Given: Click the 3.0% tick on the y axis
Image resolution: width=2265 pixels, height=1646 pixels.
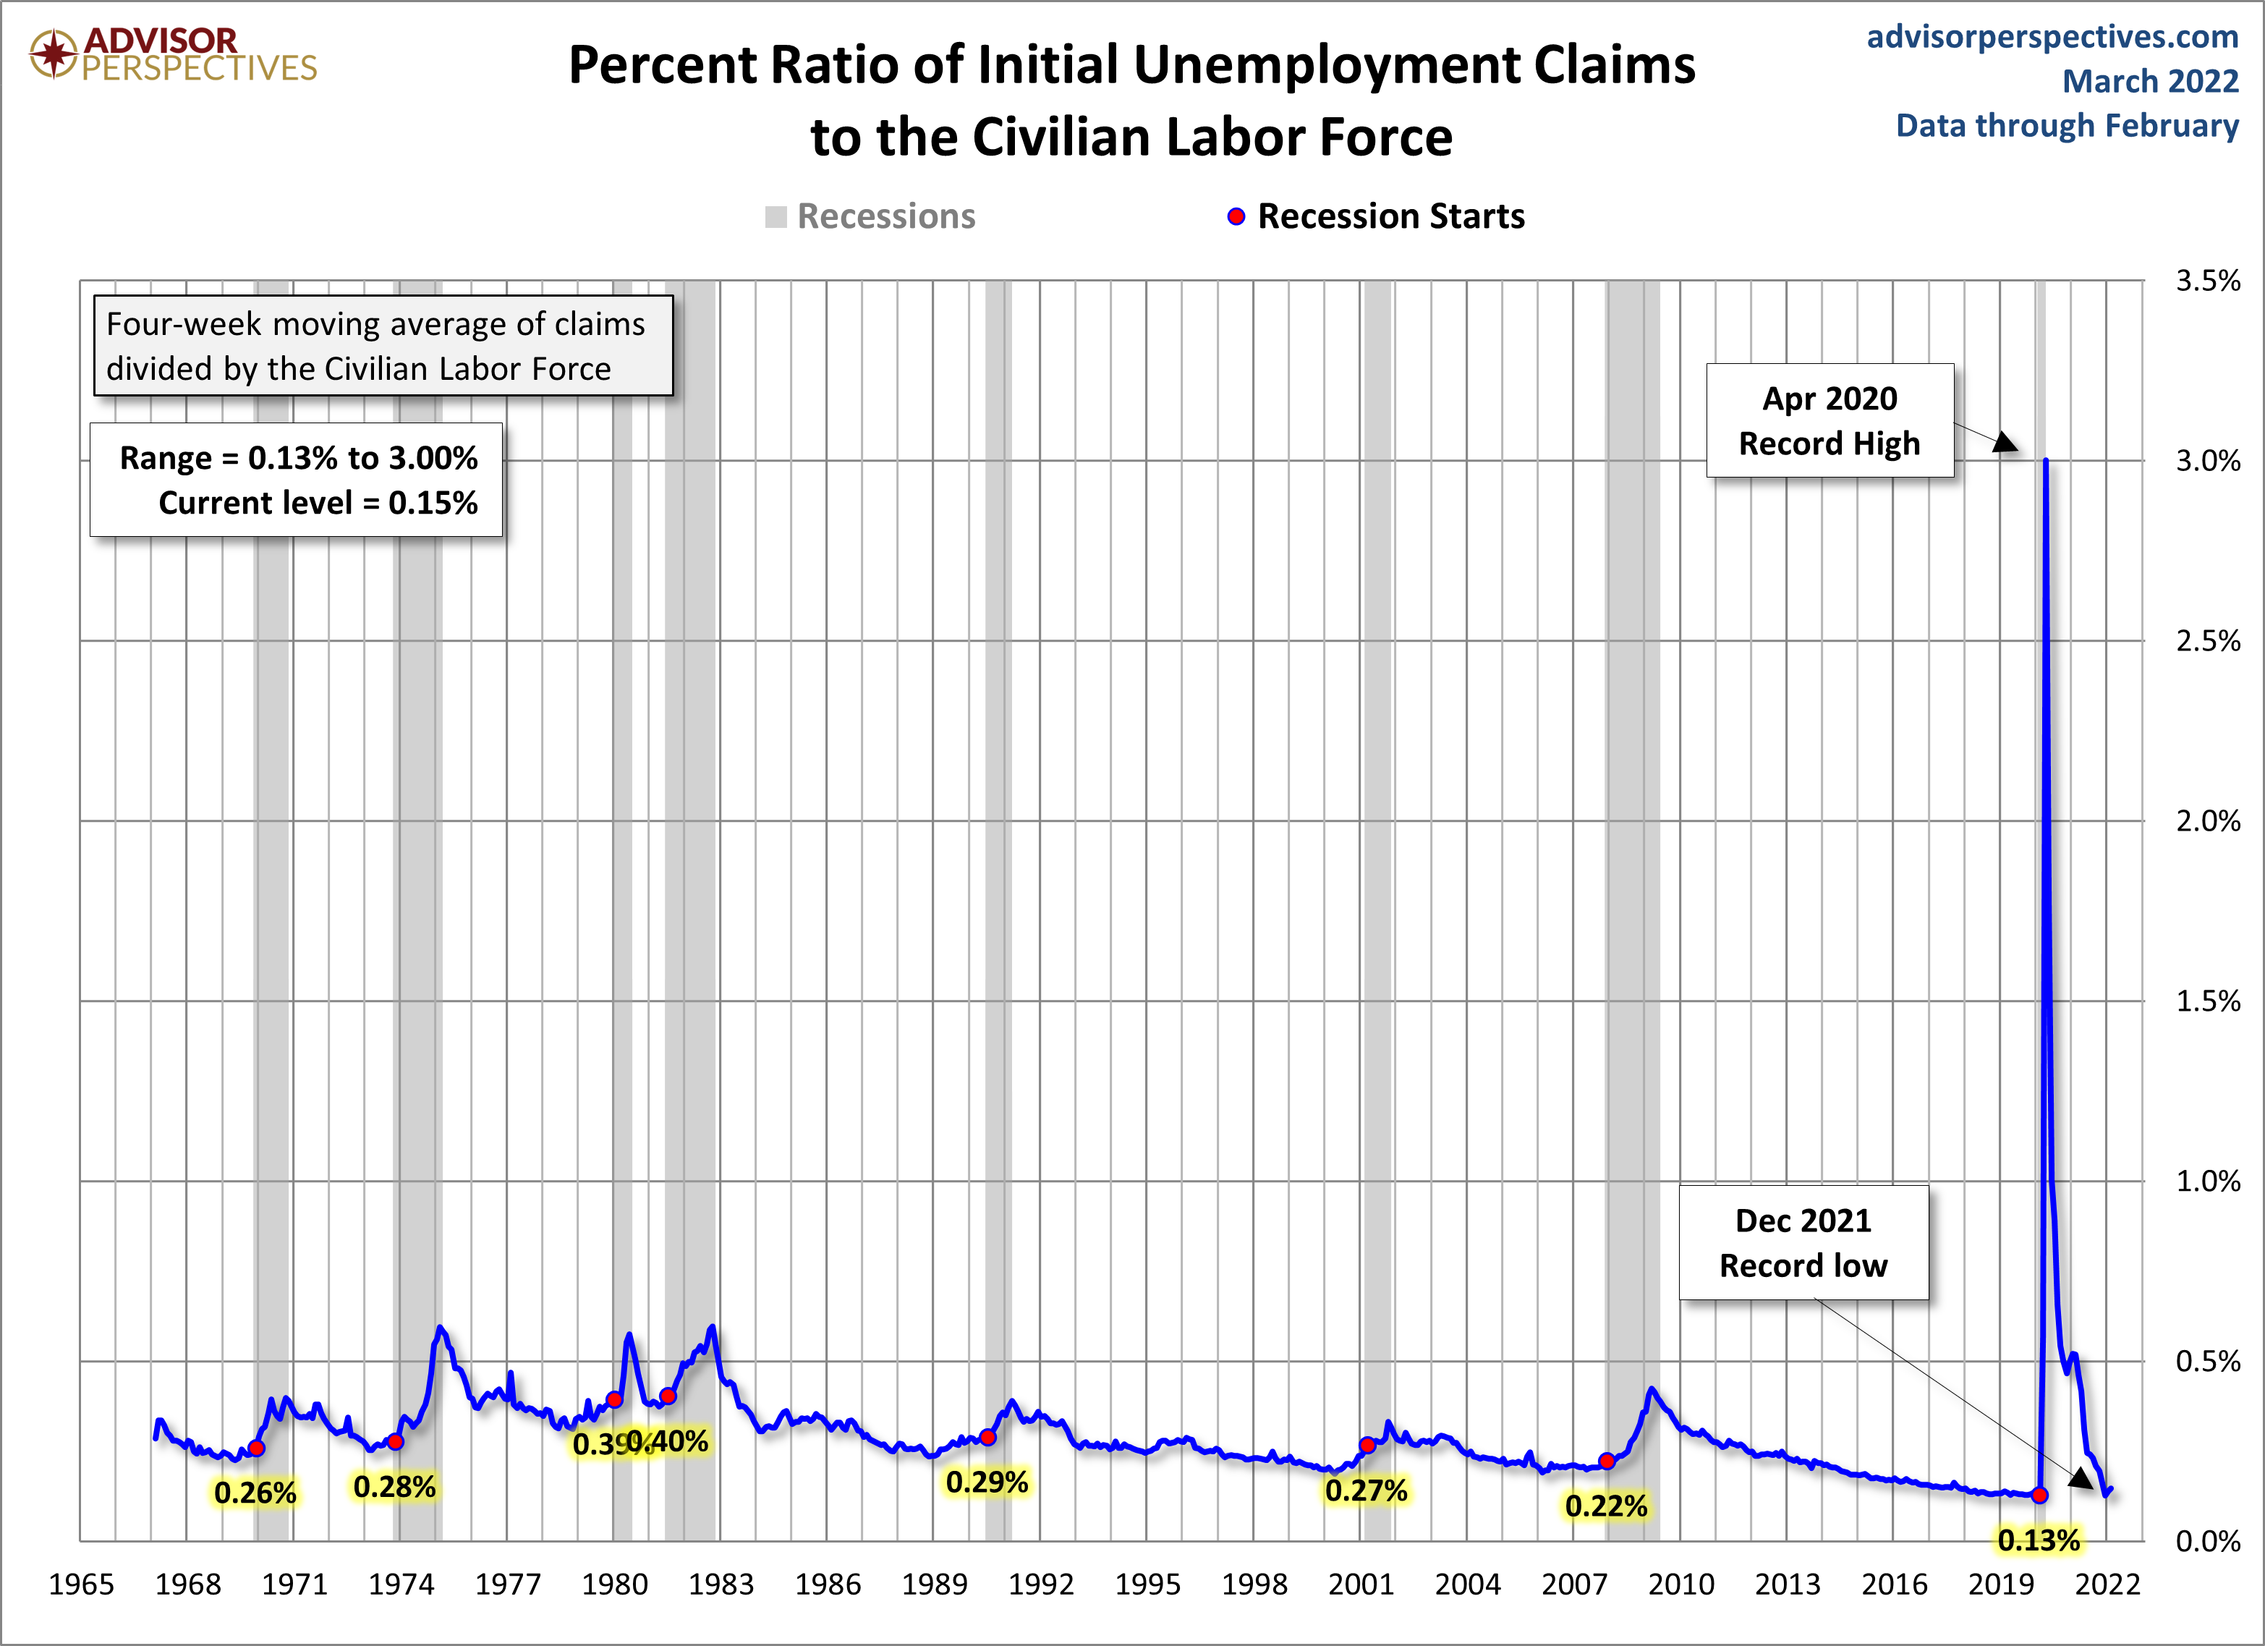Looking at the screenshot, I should (2207, 462).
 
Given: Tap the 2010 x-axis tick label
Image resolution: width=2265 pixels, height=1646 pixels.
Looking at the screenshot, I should (1680, 1584).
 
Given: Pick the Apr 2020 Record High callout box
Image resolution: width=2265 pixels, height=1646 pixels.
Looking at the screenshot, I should (1829, 420).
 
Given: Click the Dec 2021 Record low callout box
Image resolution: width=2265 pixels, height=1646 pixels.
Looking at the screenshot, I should (1803, 1242).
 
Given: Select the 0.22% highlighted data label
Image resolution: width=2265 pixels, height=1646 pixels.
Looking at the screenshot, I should (1606, 1505).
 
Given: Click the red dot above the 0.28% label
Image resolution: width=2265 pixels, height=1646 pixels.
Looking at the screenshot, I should (396, 1441).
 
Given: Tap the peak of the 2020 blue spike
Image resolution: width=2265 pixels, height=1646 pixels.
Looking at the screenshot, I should (2045, 462).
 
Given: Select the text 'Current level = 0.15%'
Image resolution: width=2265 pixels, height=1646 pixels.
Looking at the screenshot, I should (318, 502).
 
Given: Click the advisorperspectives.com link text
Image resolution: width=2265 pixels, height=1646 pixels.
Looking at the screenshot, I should (2052, 37).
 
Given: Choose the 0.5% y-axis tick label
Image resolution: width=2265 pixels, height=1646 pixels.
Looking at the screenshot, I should (2207, 1362).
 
